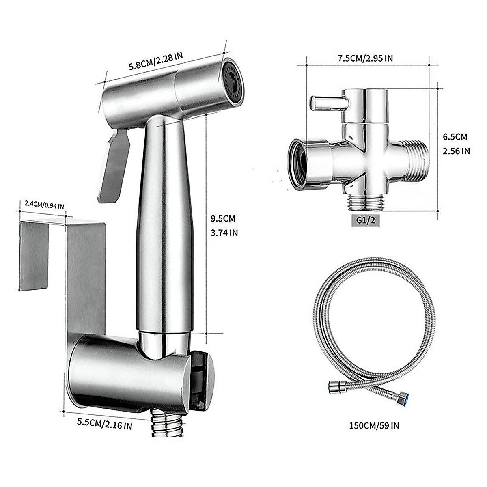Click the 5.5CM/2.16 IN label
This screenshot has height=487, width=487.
tap(104, 426)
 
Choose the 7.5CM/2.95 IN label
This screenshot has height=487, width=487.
tap(366, 58)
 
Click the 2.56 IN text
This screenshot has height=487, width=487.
tap(456, 151)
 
